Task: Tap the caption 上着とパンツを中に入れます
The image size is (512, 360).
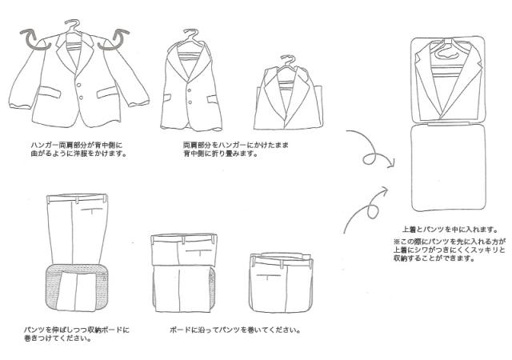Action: click(x=444, y=228)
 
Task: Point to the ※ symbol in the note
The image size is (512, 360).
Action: click(x=396, y=241)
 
